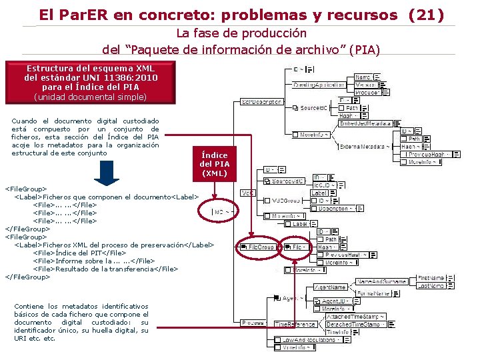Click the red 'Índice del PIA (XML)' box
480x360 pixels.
[214, 164]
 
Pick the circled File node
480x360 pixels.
[296, 247]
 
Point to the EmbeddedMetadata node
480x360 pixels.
[365, 123]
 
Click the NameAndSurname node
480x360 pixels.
[381, 282]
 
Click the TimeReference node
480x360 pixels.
[295, 324]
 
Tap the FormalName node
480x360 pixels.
[374, 293]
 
